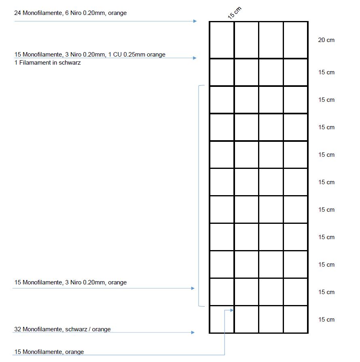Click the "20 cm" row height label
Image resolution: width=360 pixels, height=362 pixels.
coord(326,40)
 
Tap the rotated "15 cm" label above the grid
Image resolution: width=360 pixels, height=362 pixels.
coord(234,13)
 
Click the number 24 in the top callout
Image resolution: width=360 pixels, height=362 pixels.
coord(17,13)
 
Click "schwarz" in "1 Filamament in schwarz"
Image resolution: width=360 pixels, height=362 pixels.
coord(70,63)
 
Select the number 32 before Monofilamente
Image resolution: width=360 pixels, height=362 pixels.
coord(17,329)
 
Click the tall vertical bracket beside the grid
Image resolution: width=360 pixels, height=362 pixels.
coord(199,196)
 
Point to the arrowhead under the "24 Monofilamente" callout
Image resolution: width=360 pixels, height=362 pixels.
coord(195,21)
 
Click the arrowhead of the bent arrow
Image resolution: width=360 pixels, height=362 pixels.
coord(232,310)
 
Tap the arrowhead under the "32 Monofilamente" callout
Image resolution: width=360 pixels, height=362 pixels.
coord(193,333)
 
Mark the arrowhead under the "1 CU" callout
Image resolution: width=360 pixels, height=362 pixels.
coord(195,58)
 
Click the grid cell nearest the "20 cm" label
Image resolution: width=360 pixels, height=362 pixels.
coord(295,40)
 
